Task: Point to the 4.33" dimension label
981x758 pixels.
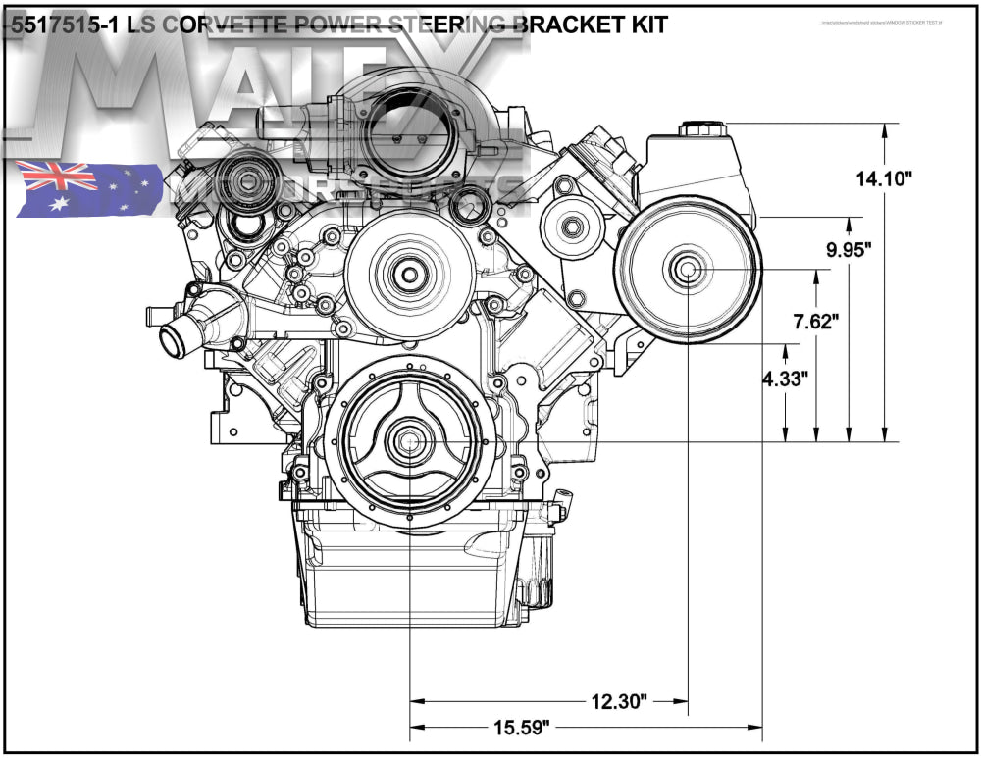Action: pos(785,379)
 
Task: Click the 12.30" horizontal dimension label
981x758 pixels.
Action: pos(620,701)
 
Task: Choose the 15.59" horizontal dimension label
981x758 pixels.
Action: pos(521,727)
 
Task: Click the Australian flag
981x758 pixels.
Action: pos(89,188)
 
